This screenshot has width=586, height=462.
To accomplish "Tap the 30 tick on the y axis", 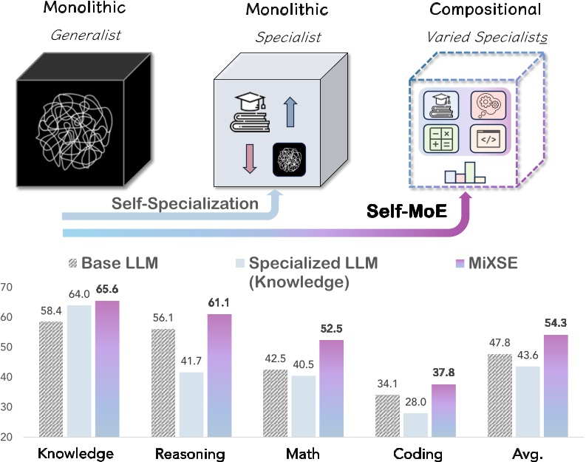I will [x=7, y=407].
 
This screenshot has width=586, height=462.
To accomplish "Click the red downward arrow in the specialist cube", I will [x=248, y=159].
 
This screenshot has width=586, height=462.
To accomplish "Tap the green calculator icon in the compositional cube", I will [x=439, y=137].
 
